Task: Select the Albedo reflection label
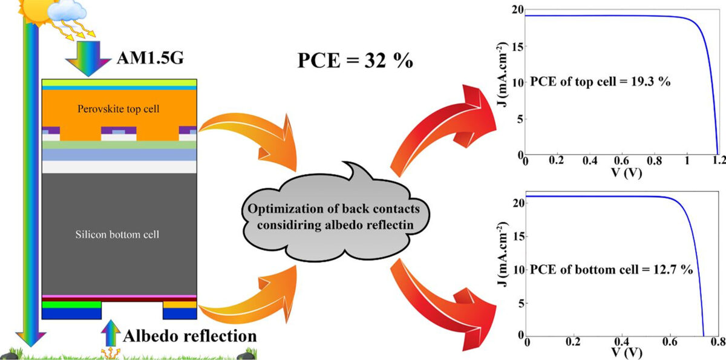pyautogui.click(x=190, y=335)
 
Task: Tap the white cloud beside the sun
pyautogui.click(x=67, y=11)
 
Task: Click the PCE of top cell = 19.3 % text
pyautogui.click(x=592, y=83)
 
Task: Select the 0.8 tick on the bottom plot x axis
pyautogui.click(x=717, y=340)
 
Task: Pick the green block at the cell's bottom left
pyautogui.click(x=71, y=304)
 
